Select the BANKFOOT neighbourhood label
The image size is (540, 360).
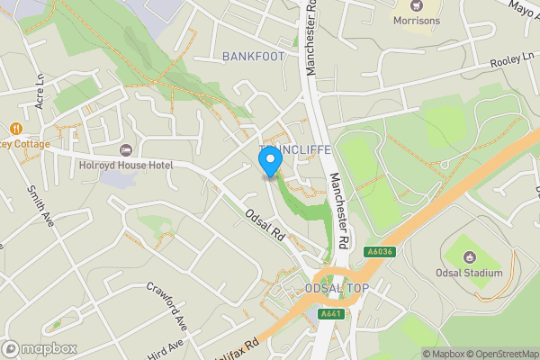point(253,56)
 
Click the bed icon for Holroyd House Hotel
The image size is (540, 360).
point(125,148)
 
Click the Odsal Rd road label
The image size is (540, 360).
point(265,225)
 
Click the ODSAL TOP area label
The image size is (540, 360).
point(337,288)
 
